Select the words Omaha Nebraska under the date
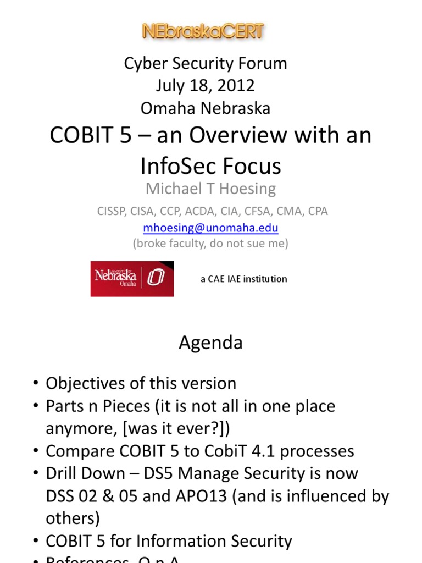pyautogui.click(x=205, y=108)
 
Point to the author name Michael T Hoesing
pyautogui.click(x=210, y=189)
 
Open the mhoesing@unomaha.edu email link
pyautogui.click(x=210, y=228)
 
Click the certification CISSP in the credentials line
pyautogui.click(x=110, y=211)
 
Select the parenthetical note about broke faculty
pyautogui.click(x=210, y=243)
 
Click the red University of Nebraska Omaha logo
pyautogui.click(x=132, y=279)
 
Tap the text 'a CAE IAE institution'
pyautogui.click(x=243, y=279)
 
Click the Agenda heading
pyautogui.click(x=210, y=343)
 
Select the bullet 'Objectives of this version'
pyautogui.click(x=141, y=383)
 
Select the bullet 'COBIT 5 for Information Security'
pyautogui.click(x=168, y=541)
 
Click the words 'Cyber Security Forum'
pyautogui.click(x=205, y=63)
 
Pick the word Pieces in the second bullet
pyautogui.click(x=125, y=406)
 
